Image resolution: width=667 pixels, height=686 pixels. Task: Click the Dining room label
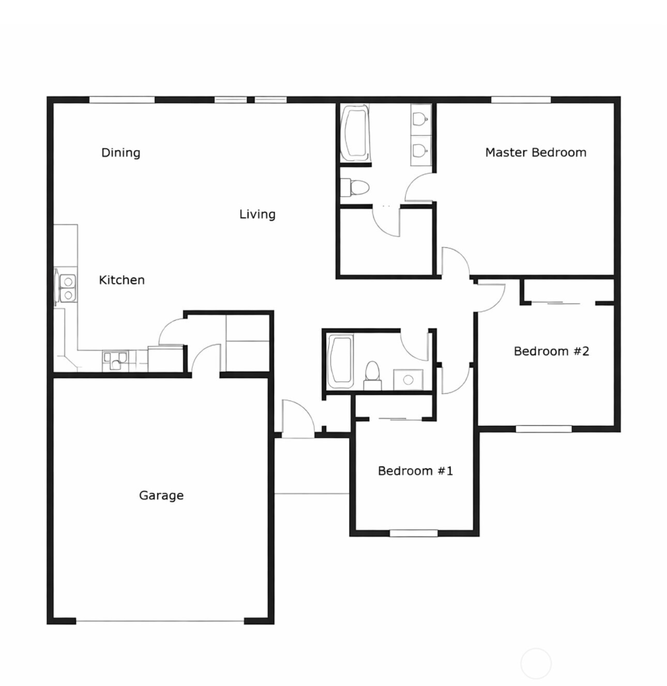pyautogui.click(x=120, y=153)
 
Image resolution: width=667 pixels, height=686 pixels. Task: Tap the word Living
pyautogui.click(x=257, y=214)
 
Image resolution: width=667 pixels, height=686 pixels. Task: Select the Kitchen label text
pyautogui.click(x=122, y=280)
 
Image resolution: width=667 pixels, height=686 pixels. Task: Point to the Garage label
pyautogui.click(x=161, y=495)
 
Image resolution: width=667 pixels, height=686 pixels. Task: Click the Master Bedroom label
pyautogui.click(x=536, y=153)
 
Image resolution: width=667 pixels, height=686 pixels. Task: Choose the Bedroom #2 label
pyautogui.click(x=551, y=351)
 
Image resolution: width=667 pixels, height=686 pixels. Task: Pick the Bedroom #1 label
pyautogui.click(x=415, y=471)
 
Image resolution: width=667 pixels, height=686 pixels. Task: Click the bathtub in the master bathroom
pyautogui.click(x=355, y=132)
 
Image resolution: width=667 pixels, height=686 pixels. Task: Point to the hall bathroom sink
pyautogui.click(x=408, y=380)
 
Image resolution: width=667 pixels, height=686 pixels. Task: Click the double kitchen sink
pyautogui.click(x=68, y=288)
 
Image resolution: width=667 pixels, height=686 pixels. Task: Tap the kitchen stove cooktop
pyautogui.click(x=115, y=361)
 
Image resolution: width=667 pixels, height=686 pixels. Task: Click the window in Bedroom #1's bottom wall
pyautogui.click(x=414, y=533)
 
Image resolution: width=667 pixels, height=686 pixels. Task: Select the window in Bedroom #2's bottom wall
pyautogui.click(x=543, y=429)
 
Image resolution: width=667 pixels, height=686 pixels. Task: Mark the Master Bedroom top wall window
pyautogui.click(x=521, y=100)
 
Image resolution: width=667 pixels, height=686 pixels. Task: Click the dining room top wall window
pyautogui.click(x=122, y=100)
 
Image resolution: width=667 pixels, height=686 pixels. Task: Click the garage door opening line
pyautogui.click(x=160, y=621)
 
